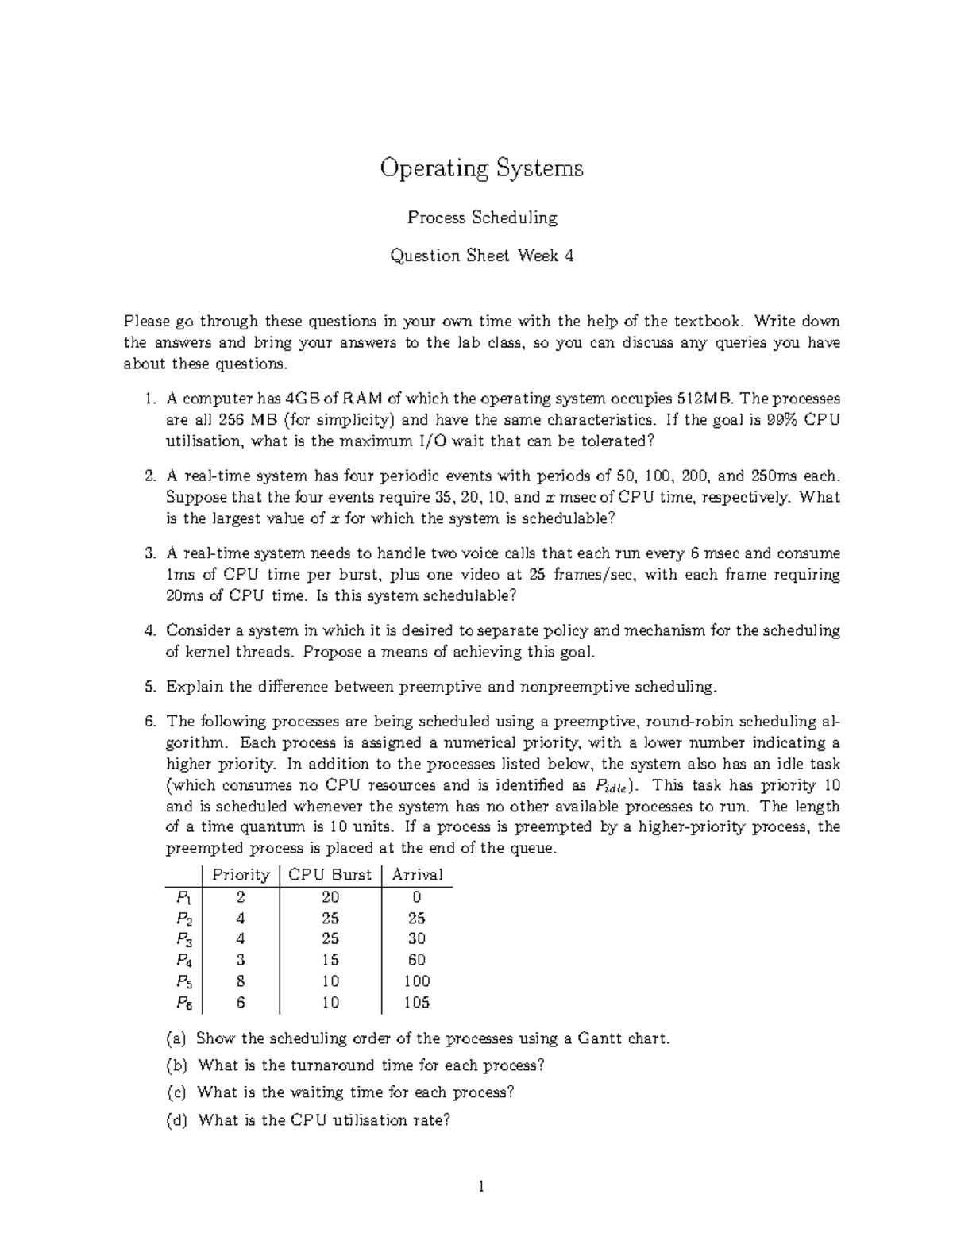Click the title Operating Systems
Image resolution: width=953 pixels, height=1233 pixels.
coord(481,168)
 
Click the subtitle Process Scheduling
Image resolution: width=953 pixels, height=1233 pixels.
coord(481,218)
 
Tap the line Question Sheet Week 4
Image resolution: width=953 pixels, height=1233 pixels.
coord(481,256)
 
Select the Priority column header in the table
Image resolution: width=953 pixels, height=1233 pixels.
coord(241,875)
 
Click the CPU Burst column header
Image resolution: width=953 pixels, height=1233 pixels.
coord(330,875)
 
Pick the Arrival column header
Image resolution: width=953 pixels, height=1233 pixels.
coord(417,875)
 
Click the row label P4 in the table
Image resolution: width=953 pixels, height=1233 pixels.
coord(183,961)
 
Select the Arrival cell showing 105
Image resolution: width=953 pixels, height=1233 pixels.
coord(417,1003)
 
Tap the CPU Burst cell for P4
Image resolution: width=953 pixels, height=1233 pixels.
coord(330,961)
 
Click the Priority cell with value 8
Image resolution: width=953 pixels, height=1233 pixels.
coord(241,981)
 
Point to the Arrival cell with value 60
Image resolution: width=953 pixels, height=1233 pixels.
coord(417,961)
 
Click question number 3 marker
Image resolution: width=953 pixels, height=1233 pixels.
coord(149,553)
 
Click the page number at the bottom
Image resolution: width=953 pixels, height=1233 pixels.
coord(480,1188)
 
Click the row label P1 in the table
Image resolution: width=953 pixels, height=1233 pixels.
coord(183,897)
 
